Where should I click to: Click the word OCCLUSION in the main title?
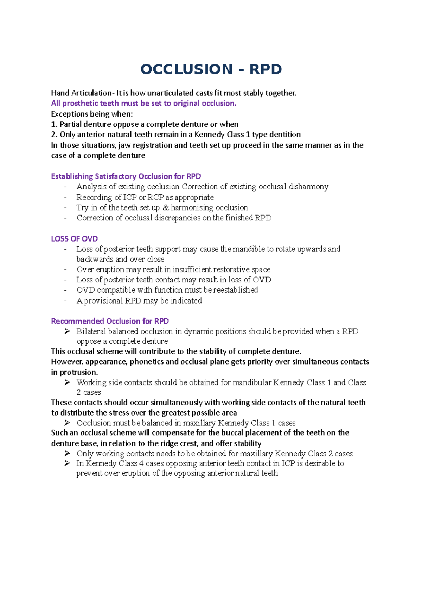(186, 69)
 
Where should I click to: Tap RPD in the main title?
(266, 69)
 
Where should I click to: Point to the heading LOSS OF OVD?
(74, 239)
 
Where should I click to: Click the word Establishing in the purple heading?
(72, 176)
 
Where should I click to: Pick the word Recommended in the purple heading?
(77, 321)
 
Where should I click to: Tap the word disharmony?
(308, 187)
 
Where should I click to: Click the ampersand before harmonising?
(166, 208)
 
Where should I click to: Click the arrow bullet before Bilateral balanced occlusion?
(67, 331)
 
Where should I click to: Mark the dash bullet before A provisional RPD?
(65, 301)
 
